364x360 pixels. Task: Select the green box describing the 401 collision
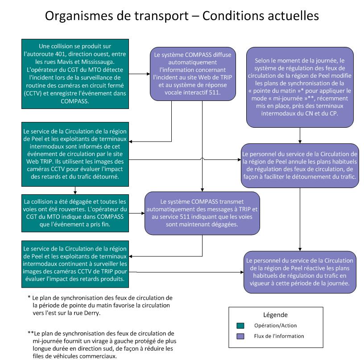(x=74, y=74)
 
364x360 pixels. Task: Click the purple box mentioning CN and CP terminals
(x=300, y=87)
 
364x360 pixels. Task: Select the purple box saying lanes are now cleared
(x=202, y=213)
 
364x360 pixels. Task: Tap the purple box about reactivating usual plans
(x=300, y=272)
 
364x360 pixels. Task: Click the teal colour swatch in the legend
(x=240, y=325)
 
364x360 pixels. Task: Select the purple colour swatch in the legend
(x=240, y=336)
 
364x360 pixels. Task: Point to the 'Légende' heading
(x=275, y=314)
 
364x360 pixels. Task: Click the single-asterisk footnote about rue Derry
(x=100, y=306)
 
